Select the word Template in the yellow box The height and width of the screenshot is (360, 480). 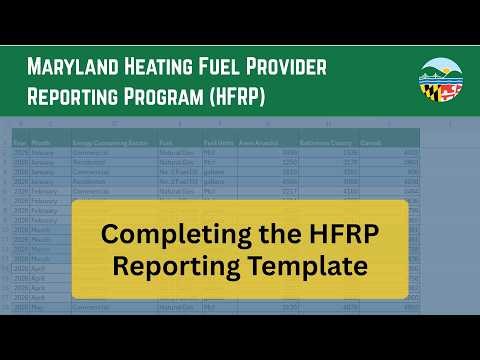tap(311, 265)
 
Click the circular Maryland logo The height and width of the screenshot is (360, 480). tap(440, 82)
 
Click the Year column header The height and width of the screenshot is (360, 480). tap(20, 143)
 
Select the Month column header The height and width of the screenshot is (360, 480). tap(43, 143)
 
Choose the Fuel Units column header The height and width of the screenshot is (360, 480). tap(217, 143)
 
